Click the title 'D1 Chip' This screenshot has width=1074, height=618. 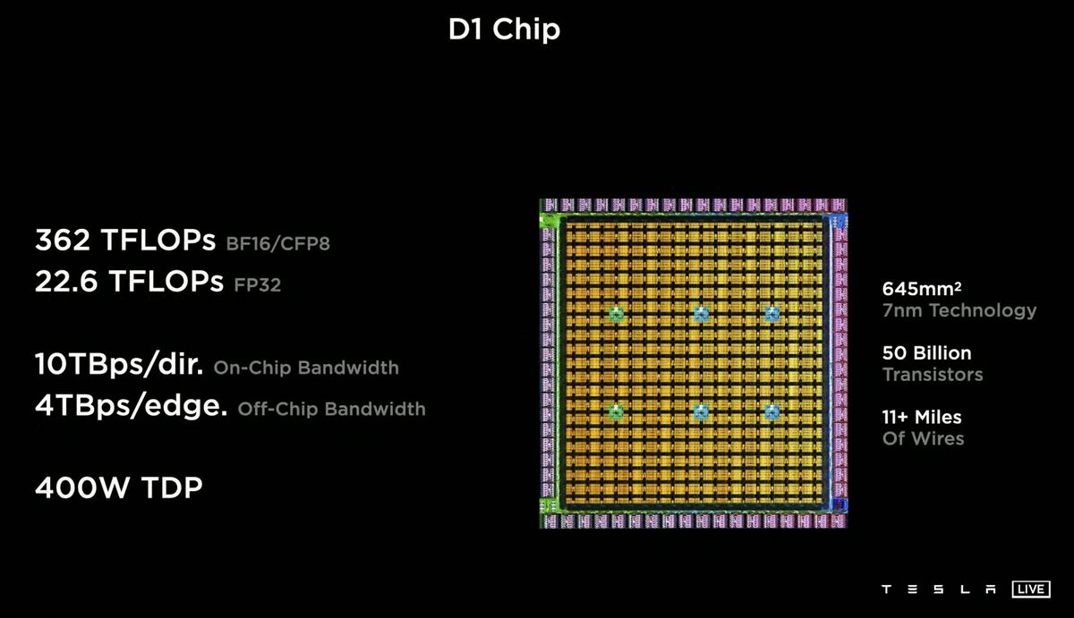click(504, 30)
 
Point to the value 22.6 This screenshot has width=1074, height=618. click(67, 282)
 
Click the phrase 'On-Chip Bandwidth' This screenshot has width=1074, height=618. click(306, 368)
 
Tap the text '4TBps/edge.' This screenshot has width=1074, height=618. click(131, 407)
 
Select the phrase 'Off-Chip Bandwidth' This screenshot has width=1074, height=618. click(331, 410)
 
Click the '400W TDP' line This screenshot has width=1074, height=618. click(118, 488)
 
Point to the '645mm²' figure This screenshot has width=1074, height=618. click(921, 289)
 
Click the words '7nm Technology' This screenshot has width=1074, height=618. click(959, 310)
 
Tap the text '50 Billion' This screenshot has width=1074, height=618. click(926, 352)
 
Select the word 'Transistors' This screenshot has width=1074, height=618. click(932, 374)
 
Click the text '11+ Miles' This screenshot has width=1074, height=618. click(922, 417)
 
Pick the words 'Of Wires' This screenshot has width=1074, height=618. click(923, 438)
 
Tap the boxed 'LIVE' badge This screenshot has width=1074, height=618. click(1031, 589)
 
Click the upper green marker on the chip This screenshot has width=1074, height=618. click(616, 314)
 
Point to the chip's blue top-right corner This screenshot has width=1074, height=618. click(839, 220)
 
